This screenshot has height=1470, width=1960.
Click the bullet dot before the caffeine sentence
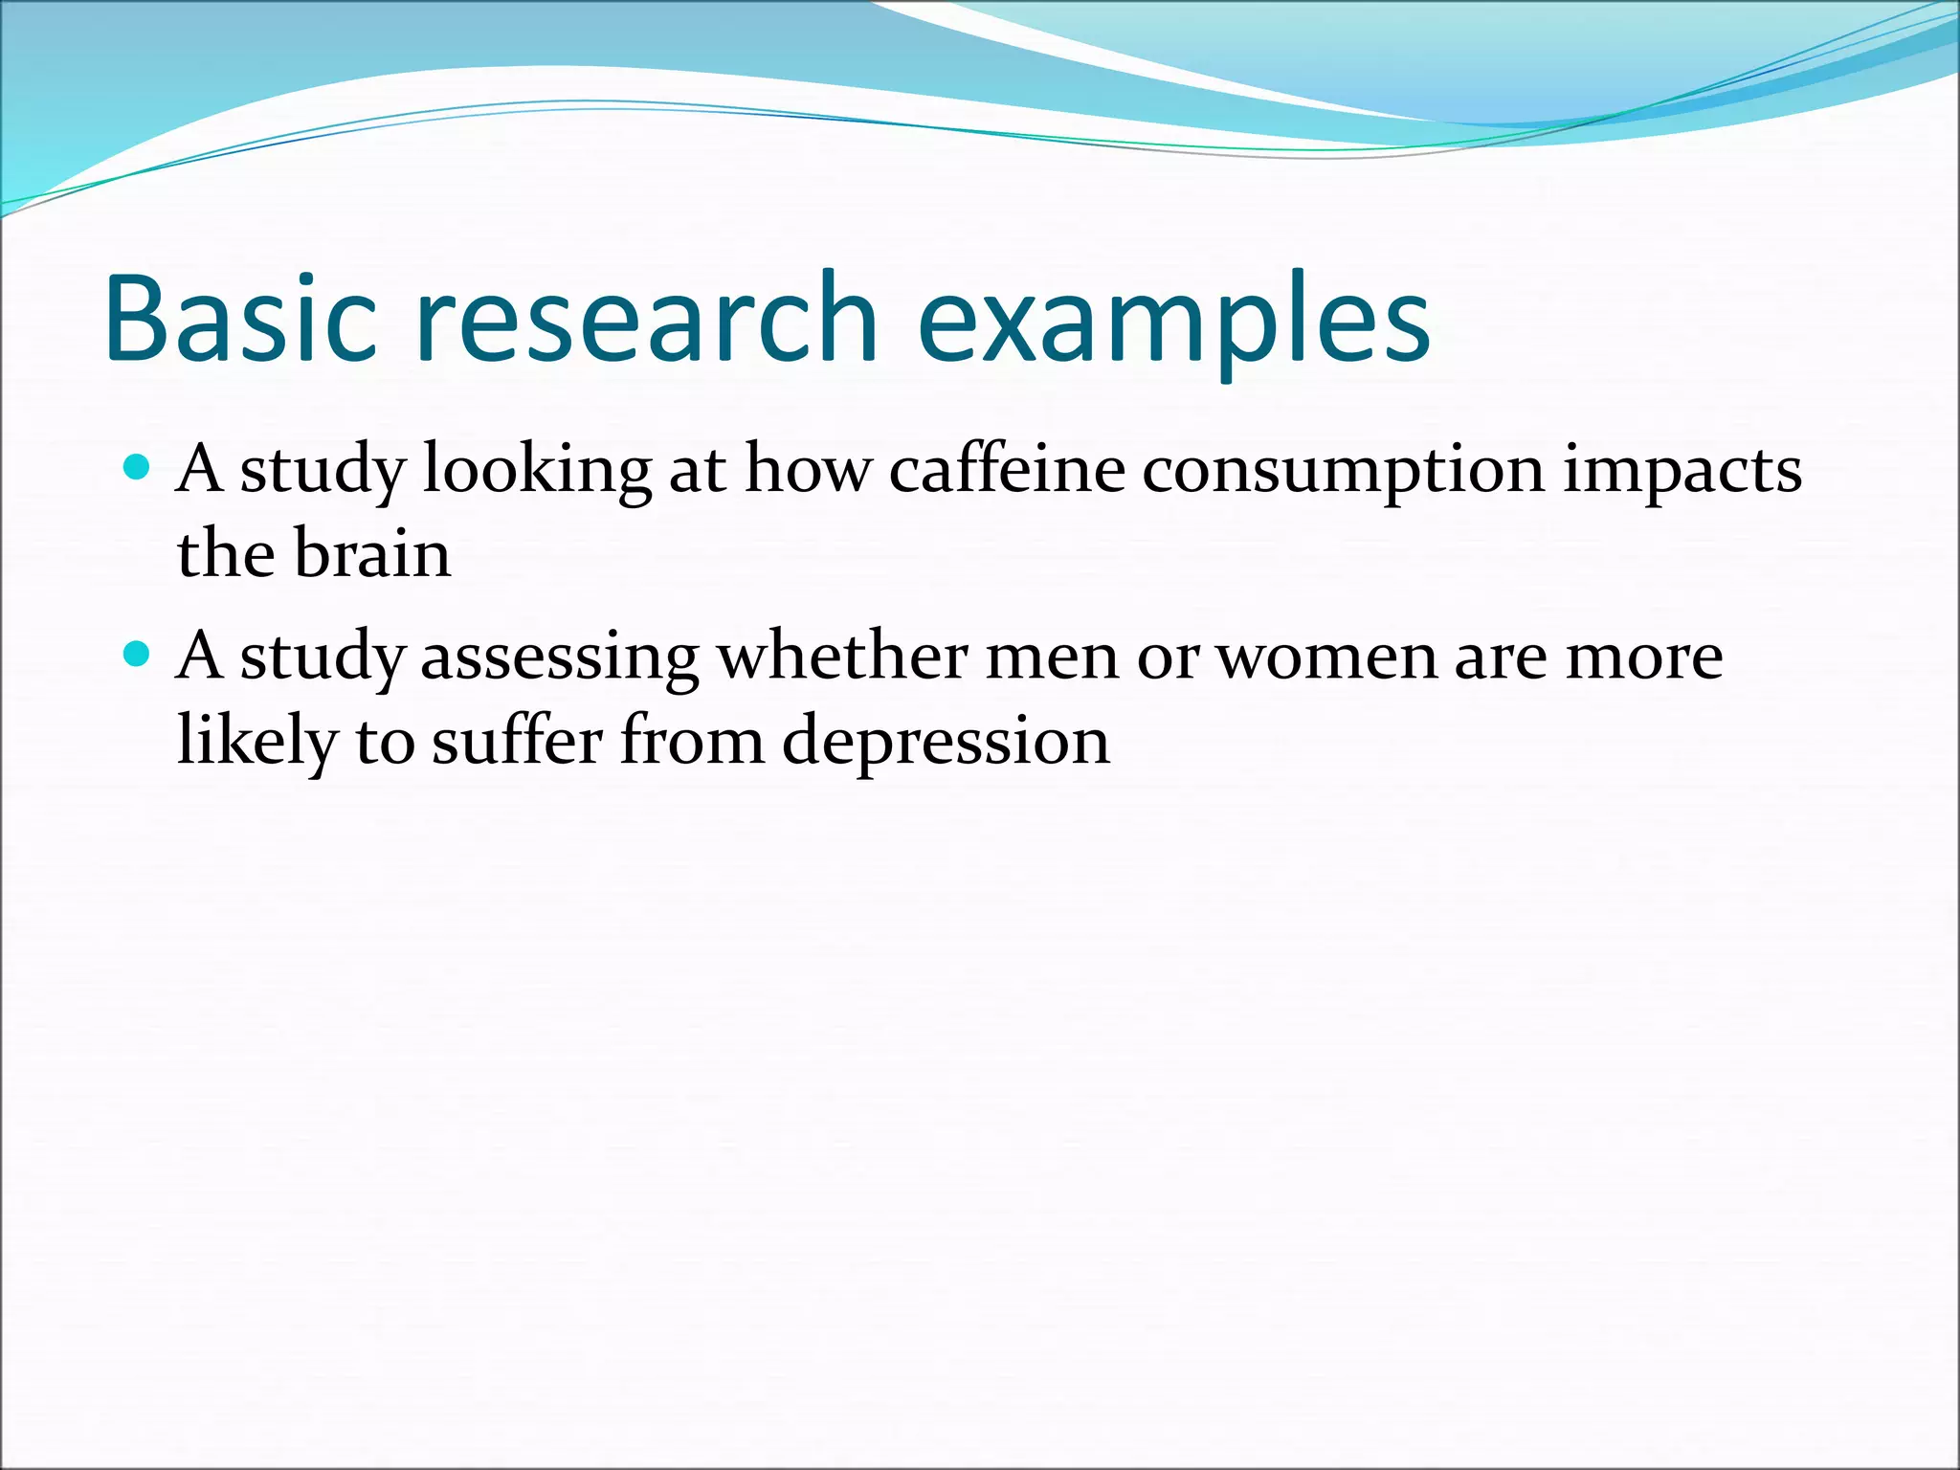click(138, 468)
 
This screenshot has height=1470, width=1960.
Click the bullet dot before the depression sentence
click(138, 655)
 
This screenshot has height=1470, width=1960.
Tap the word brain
click(372, 554)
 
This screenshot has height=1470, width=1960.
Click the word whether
click(843, 657)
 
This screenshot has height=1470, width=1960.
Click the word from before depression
click(692, 741)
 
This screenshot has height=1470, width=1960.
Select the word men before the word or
click(1051, 658)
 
